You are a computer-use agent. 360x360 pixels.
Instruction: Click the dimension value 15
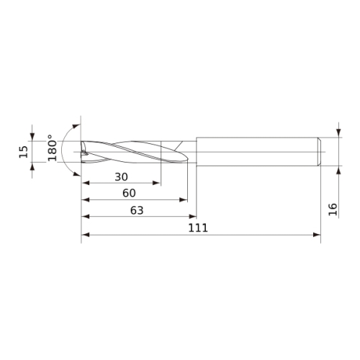point(24,152)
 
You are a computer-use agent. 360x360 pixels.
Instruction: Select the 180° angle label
point(52,148)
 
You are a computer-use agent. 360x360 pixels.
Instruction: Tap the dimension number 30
point(121,177)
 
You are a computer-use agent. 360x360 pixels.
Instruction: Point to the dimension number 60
point(129,193)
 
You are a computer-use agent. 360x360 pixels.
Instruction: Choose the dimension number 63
point(137,210)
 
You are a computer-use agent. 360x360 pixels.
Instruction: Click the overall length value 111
point(198,228)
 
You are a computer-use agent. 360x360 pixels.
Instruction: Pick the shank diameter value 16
point(333,210)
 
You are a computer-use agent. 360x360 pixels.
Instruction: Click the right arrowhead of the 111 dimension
point(317,235)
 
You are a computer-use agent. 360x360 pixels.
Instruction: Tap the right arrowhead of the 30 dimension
point(156,183)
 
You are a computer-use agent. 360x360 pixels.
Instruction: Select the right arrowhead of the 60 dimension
point(184,199)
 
